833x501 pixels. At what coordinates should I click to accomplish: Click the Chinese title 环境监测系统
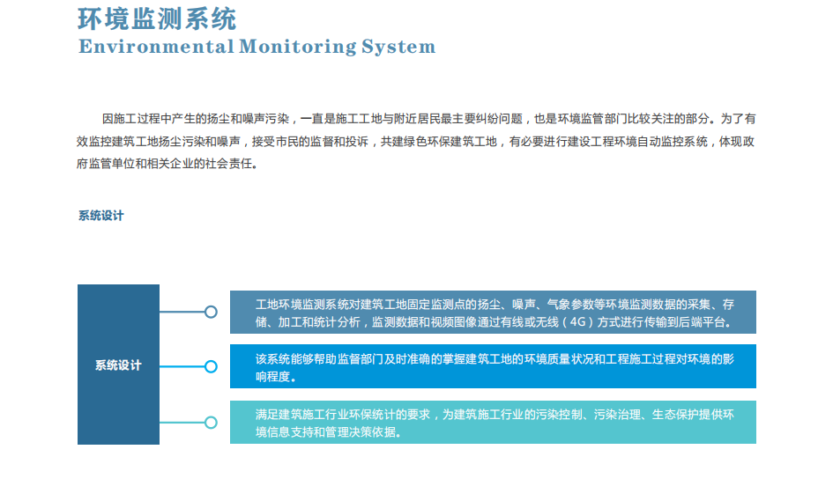click(157, 19)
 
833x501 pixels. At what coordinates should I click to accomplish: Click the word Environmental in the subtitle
click(156, 47)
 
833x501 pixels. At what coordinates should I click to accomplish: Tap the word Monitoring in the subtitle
click(298, 48)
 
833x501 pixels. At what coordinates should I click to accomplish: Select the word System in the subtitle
click(398, 48)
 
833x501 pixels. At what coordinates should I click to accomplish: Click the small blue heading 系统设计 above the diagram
click(101, 216)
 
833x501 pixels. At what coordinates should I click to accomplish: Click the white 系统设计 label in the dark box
click(118, 365)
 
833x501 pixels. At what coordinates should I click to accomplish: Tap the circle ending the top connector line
click(211, 312)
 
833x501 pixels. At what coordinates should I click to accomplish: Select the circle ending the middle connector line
click(211, 367)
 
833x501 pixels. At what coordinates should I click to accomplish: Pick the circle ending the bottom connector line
click(211, 423)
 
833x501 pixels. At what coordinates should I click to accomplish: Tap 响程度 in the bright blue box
click(272, 377)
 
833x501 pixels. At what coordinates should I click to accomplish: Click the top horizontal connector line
click(182, 312)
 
